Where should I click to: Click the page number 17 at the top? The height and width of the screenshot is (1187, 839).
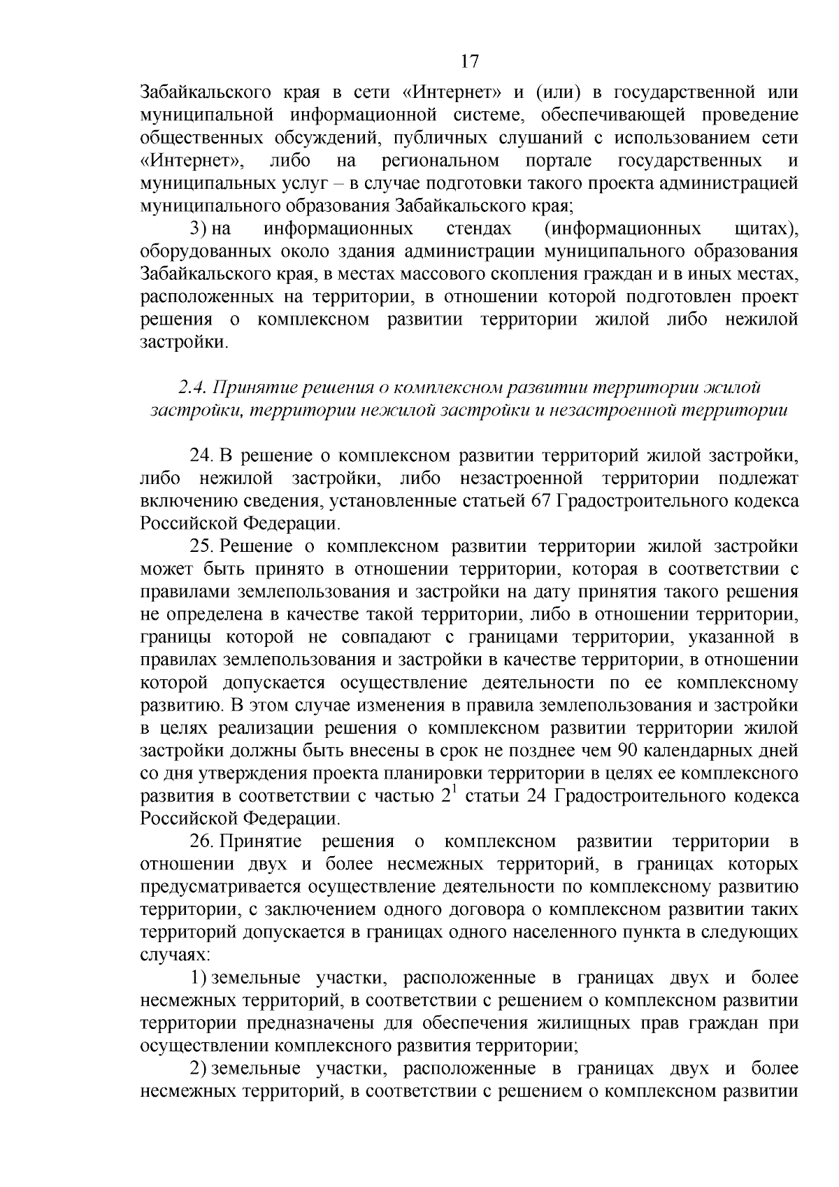(x=470, y=62)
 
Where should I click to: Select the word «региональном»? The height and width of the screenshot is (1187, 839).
(x=440, y=161)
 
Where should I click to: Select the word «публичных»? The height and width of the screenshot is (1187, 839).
(x=432, y=138)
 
